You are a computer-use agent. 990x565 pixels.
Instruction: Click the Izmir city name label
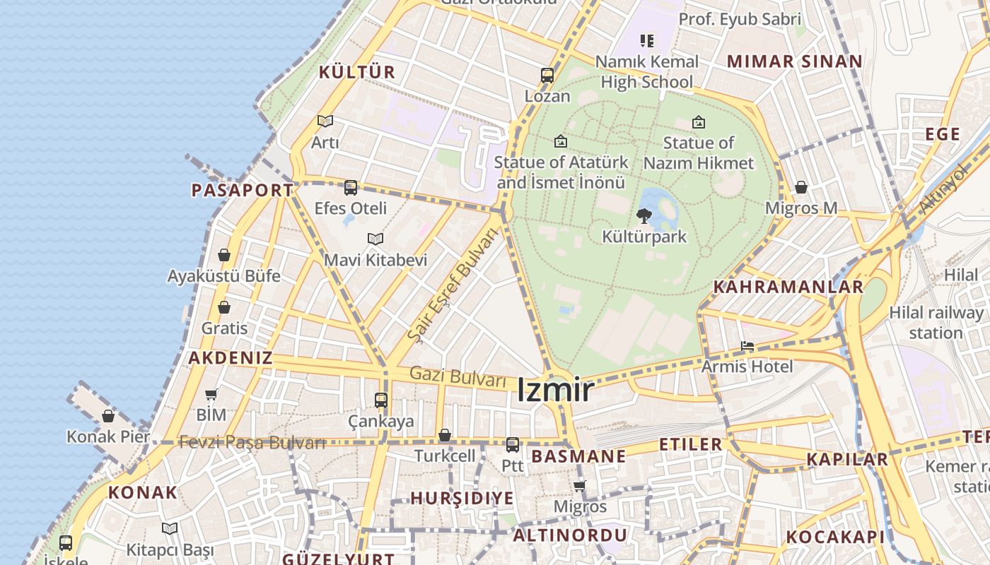(x=555, y=390)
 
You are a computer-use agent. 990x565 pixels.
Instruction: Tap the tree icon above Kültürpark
(x=643, y=215)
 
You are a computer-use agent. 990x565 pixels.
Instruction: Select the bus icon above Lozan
(x=547, y=76)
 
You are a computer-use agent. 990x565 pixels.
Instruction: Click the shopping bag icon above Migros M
(x=801, y=187)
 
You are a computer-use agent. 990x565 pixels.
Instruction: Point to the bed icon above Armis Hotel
(x=747, y=346)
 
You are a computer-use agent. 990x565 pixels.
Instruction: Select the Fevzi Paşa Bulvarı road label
(x=252, y=443)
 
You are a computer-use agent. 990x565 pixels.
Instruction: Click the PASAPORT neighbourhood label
(x=243, y=190)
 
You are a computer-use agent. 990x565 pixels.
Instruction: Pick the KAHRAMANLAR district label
(x=788, y=287)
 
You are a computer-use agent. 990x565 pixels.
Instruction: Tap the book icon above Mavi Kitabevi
(x=375, y=239)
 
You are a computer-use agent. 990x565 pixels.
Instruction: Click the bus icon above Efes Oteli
(x=351, y=188)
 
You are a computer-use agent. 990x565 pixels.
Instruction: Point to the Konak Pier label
(x=108, y=436)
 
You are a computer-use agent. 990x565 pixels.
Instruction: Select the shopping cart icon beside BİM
(x=211, y=395)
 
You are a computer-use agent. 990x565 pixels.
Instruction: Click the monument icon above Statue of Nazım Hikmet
(x=699, y=122)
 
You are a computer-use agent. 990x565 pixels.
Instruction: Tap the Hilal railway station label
(x=936, y=322)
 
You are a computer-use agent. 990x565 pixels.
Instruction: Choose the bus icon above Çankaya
(x=381, y=400)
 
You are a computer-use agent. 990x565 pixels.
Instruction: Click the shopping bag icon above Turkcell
(x=445, y=435)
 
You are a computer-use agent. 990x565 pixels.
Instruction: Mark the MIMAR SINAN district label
(x=795, y=61)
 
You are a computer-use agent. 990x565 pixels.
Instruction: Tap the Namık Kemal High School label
(x=646, y=71)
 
